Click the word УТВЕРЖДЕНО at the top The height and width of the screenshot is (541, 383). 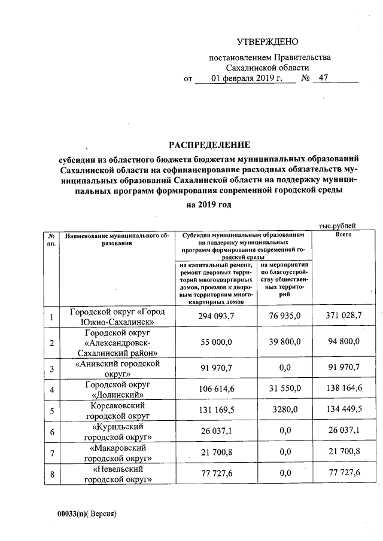point(267,42)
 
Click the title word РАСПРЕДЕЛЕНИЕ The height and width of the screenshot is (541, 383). point(208,145)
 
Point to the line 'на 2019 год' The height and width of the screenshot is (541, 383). point(208,204)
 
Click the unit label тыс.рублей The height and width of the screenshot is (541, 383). point(338,225)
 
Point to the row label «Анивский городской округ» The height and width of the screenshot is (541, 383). point(117,368)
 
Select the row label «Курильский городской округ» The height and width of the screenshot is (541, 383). point(117,432)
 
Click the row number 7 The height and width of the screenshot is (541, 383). point(53,453)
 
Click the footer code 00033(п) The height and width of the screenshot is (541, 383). point(72,514)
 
